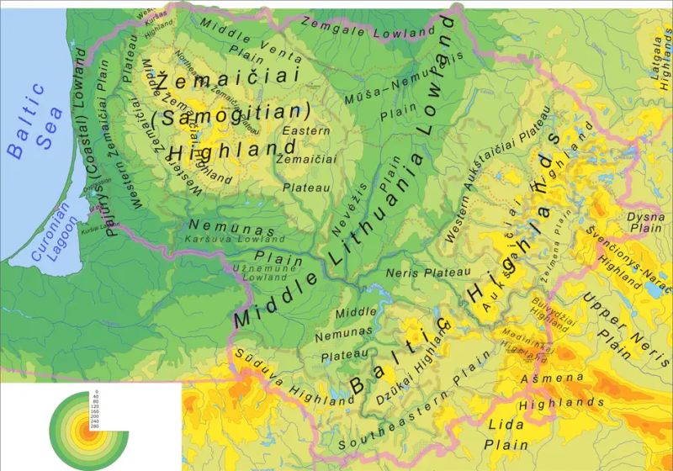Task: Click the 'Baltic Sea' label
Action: (29, 121)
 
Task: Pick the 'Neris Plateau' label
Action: (427, 273)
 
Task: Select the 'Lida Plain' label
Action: (509, 434)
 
